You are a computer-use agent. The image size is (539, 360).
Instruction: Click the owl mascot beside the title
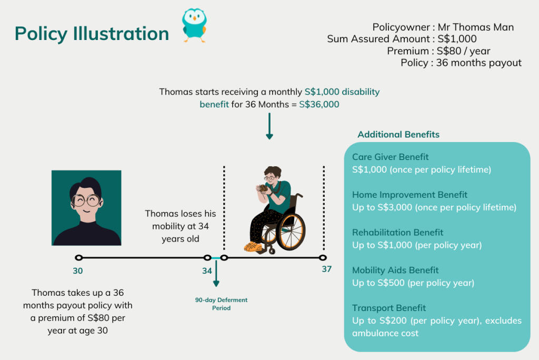pyautogui.click(x=194, y=25)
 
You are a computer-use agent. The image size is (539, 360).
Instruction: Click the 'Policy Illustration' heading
pyautogui.click(x=92, y=34)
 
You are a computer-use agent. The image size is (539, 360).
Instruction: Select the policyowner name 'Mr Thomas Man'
pyautogui.click(x=476, y=27)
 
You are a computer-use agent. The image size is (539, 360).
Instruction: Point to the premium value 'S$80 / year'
pyautogui.click(x=463, y=51)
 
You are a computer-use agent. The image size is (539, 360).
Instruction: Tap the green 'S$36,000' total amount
pyautogui.click(x=319, y=104)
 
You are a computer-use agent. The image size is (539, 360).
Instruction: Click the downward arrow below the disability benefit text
pyautogui.click(x=269, y=126)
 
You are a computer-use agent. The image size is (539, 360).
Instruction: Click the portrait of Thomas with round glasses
pyautogui.click(x=86, y=208)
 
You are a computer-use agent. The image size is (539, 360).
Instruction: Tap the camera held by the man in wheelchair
pyautogui.click(x=263, y=188)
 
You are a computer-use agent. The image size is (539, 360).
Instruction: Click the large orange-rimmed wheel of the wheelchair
pyautogui.click(x=291, y=232)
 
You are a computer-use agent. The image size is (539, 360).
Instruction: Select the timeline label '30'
pyautogui.click(x=78, y=271)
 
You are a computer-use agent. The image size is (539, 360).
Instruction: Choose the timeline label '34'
pyautogui.click(x=207, y=271)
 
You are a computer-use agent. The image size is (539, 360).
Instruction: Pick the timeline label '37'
pyautogui.click(x=326, y=269)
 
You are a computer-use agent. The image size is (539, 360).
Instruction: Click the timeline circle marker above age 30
pyautogui.click(x=79, y=257)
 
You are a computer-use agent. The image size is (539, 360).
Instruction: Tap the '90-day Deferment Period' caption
pyautogui.click(x=222, y=304)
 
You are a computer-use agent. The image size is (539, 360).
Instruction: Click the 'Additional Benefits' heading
pyautogui.click(x=398, y=134)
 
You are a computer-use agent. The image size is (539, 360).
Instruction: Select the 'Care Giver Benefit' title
pyautogui.click(x=390, y=157)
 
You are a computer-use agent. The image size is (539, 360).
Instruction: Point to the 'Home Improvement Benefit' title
pyautogui.click(x=410, y=195)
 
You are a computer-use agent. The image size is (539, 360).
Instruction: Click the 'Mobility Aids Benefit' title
pyautogui.click(x=395, y=270)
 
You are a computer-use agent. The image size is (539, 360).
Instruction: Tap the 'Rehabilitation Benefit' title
pyautogui.click(x=398, y=233)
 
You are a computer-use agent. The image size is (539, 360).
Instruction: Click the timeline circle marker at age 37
pyautogui.click(x=323, y=257)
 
